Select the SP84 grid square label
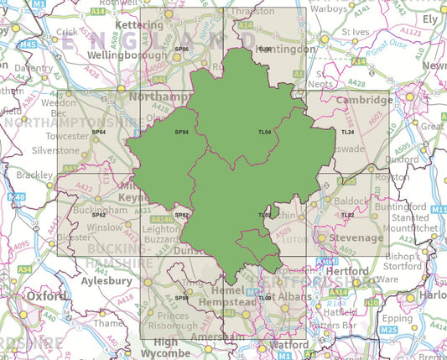(181, 132)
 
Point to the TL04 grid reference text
(264, 132)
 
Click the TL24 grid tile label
(348, 132)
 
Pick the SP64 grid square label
(98, 132)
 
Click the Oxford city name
(45, 296)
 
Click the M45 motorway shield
(28, 44)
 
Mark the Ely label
(430, 18)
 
